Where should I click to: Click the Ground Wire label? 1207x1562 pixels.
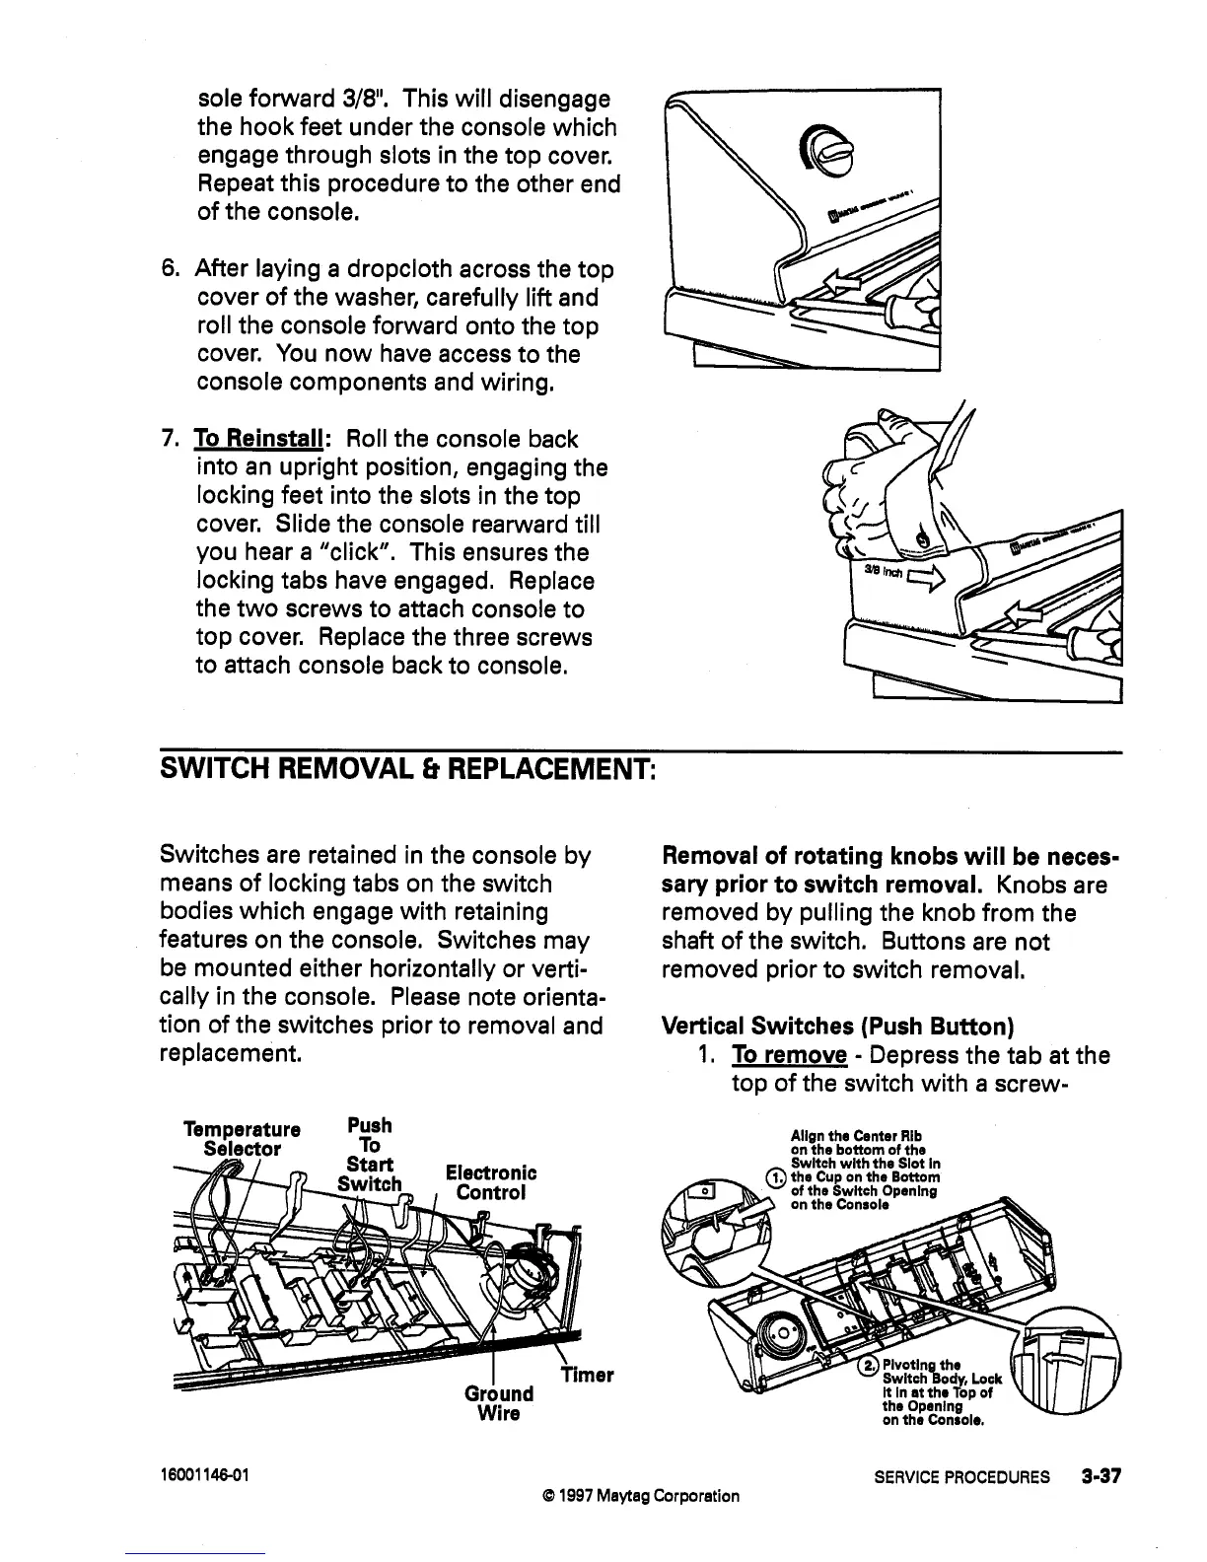click(498, 1404)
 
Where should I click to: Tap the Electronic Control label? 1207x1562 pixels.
click(491, 1182)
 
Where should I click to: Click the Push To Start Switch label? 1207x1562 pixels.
click(370, 1154)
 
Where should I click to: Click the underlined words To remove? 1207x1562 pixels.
click(788, 1056)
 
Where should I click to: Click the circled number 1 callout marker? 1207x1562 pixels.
click(778, 1176)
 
